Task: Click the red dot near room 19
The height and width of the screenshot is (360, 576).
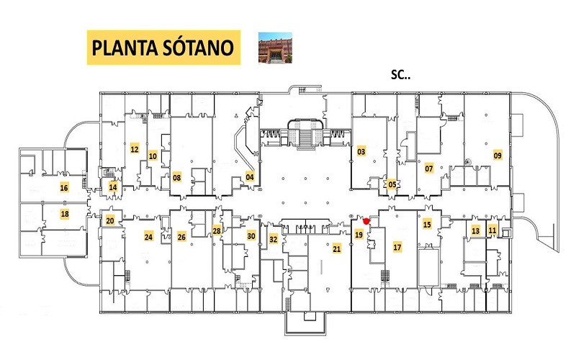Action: [x=366, y=221]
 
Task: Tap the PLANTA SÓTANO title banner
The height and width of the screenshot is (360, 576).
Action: [x=163, y=48]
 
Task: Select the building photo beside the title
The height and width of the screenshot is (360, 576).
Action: [x=275, y=48]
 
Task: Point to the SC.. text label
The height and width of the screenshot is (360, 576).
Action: [x=400, y=75]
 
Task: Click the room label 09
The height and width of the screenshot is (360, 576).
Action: [x=498, y=156]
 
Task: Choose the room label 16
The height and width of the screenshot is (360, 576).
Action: [x=64, y=188]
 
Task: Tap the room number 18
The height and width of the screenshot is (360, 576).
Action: [x=65, y=214]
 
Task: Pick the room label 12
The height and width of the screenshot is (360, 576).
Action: [x=135, y=149]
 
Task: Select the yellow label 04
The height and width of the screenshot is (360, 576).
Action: [x=250, y=177]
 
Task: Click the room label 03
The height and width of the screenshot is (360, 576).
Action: [x=361, y=151]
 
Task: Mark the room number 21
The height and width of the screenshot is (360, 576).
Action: [x=337, y=248]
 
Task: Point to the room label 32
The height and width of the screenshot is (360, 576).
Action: [x=274, y=239]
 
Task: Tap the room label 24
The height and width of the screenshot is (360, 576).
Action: [x=148, y=237]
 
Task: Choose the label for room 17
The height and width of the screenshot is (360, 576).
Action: [x=397, y=247]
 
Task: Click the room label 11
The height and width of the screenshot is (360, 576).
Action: [x=492, y=230]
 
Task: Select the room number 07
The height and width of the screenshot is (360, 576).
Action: [x=428, y=168]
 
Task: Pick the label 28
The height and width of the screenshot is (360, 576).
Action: [x=217, y=230]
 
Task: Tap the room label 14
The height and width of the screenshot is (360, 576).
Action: [x=113, y=187]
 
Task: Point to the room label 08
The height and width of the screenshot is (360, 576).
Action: [x=176, y=177]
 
